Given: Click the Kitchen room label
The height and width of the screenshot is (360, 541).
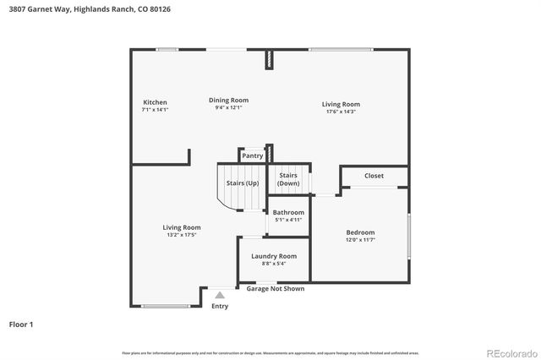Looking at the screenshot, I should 155,102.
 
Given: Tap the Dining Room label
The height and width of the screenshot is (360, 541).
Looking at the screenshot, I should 228,100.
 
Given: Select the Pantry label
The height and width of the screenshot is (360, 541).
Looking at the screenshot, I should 253,155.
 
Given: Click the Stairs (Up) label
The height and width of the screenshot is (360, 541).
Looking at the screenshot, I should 242,183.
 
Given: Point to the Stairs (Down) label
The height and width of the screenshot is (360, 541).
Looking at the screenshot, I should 288,179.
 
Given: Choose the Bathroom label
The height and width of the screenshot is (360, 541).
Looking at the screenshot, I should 288,212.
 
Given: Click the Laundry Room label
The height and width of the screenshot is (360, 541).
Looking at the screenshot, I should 274,256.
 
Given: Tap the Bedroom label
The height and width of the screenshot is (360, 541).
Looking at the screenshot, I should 360,232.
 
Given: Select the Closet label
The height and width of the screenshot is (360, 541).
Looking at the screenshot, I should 374,176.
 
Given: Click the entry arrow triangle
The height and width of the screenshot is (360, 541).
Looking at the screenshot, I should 220,295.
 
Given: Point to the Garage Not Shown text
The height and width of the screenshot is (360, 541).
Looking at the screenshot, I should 276,289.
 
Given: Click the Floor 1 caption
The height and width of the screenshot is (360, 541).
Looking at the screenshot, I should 22,324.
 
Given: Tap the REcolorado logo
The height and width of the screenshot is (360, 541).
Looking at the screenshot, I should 510,352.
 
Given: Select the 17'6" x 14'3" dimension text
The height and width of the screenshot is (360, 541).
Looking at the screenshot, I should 341,112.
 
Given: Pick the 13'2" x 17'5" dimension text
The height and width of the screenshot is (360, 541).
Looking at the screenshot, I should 181,235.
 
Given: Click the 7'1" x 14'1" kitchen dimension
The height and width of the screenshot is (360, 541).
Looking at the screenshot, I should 155,110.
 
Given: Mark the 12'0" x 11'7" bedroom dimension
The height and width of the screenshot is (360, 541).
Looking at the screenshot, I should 360,240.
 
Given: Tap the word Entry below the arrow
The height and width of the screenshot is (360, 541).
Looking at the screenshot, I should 220,306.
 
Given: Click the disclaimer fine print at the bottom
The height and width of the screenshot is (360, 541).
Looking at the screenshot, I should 270,352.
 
